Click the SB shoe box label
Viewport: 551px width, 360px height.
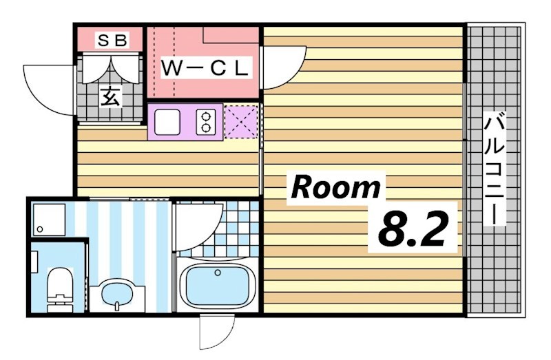pyautogui.click(x=110, y=41)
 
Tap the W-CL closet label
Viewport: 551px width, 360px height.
pyautogui.click(x=204, y=69)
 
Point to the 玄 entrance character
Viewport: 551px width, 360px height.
pyautogui.click(x=111, y=96)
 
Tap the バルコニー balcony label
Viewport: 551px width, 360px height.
pyautogui.click(x=495, y=168)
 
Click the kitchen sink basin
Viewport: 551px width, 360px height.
pyautogui.click(x=167, y=122)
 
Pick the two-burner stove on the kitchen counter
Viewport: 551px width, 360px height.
pyautogui.click(x=205, y=122)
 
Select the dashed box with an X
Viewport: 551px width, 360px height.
pyautogui.click(x=240, y=121)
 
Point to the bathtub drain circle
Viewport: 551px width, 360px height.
pyautogui.click(x=218, y=273)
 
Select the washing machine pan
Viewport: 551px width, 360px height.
pyautogui.click(x=49, y=219)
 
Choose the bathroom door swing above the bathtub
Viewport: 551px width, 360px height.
pyautogui.click(x=198, y=224)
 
